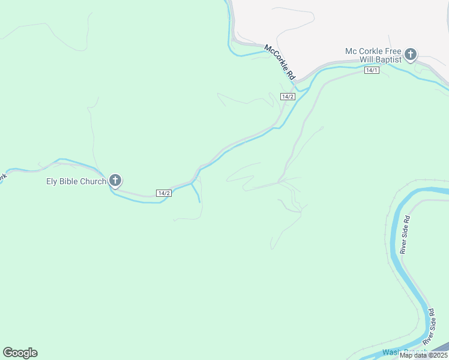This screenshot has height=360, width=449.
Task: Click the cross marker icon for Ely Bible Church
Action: [x=115, y=180]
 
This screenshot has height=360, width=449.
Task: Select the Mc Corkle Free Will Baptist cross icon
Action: [x=411, y=55]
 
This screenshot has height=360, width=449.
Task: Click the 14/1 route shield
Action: [x=372, y=70]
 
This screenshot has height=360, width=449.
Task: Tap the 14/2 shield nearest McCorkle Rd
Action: [x=288, y=97]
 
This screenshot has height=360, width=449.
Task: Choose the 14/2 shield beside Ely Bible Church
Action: [x=164, y=193]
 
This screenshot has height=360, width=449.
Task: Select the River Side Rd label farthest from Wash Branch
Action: [x=405, y=235]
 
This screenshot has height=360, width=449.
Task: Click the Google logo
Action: [x=20, y=353]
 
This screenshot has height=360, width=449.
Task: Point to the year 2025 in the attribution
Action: [x=438, y=355]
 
